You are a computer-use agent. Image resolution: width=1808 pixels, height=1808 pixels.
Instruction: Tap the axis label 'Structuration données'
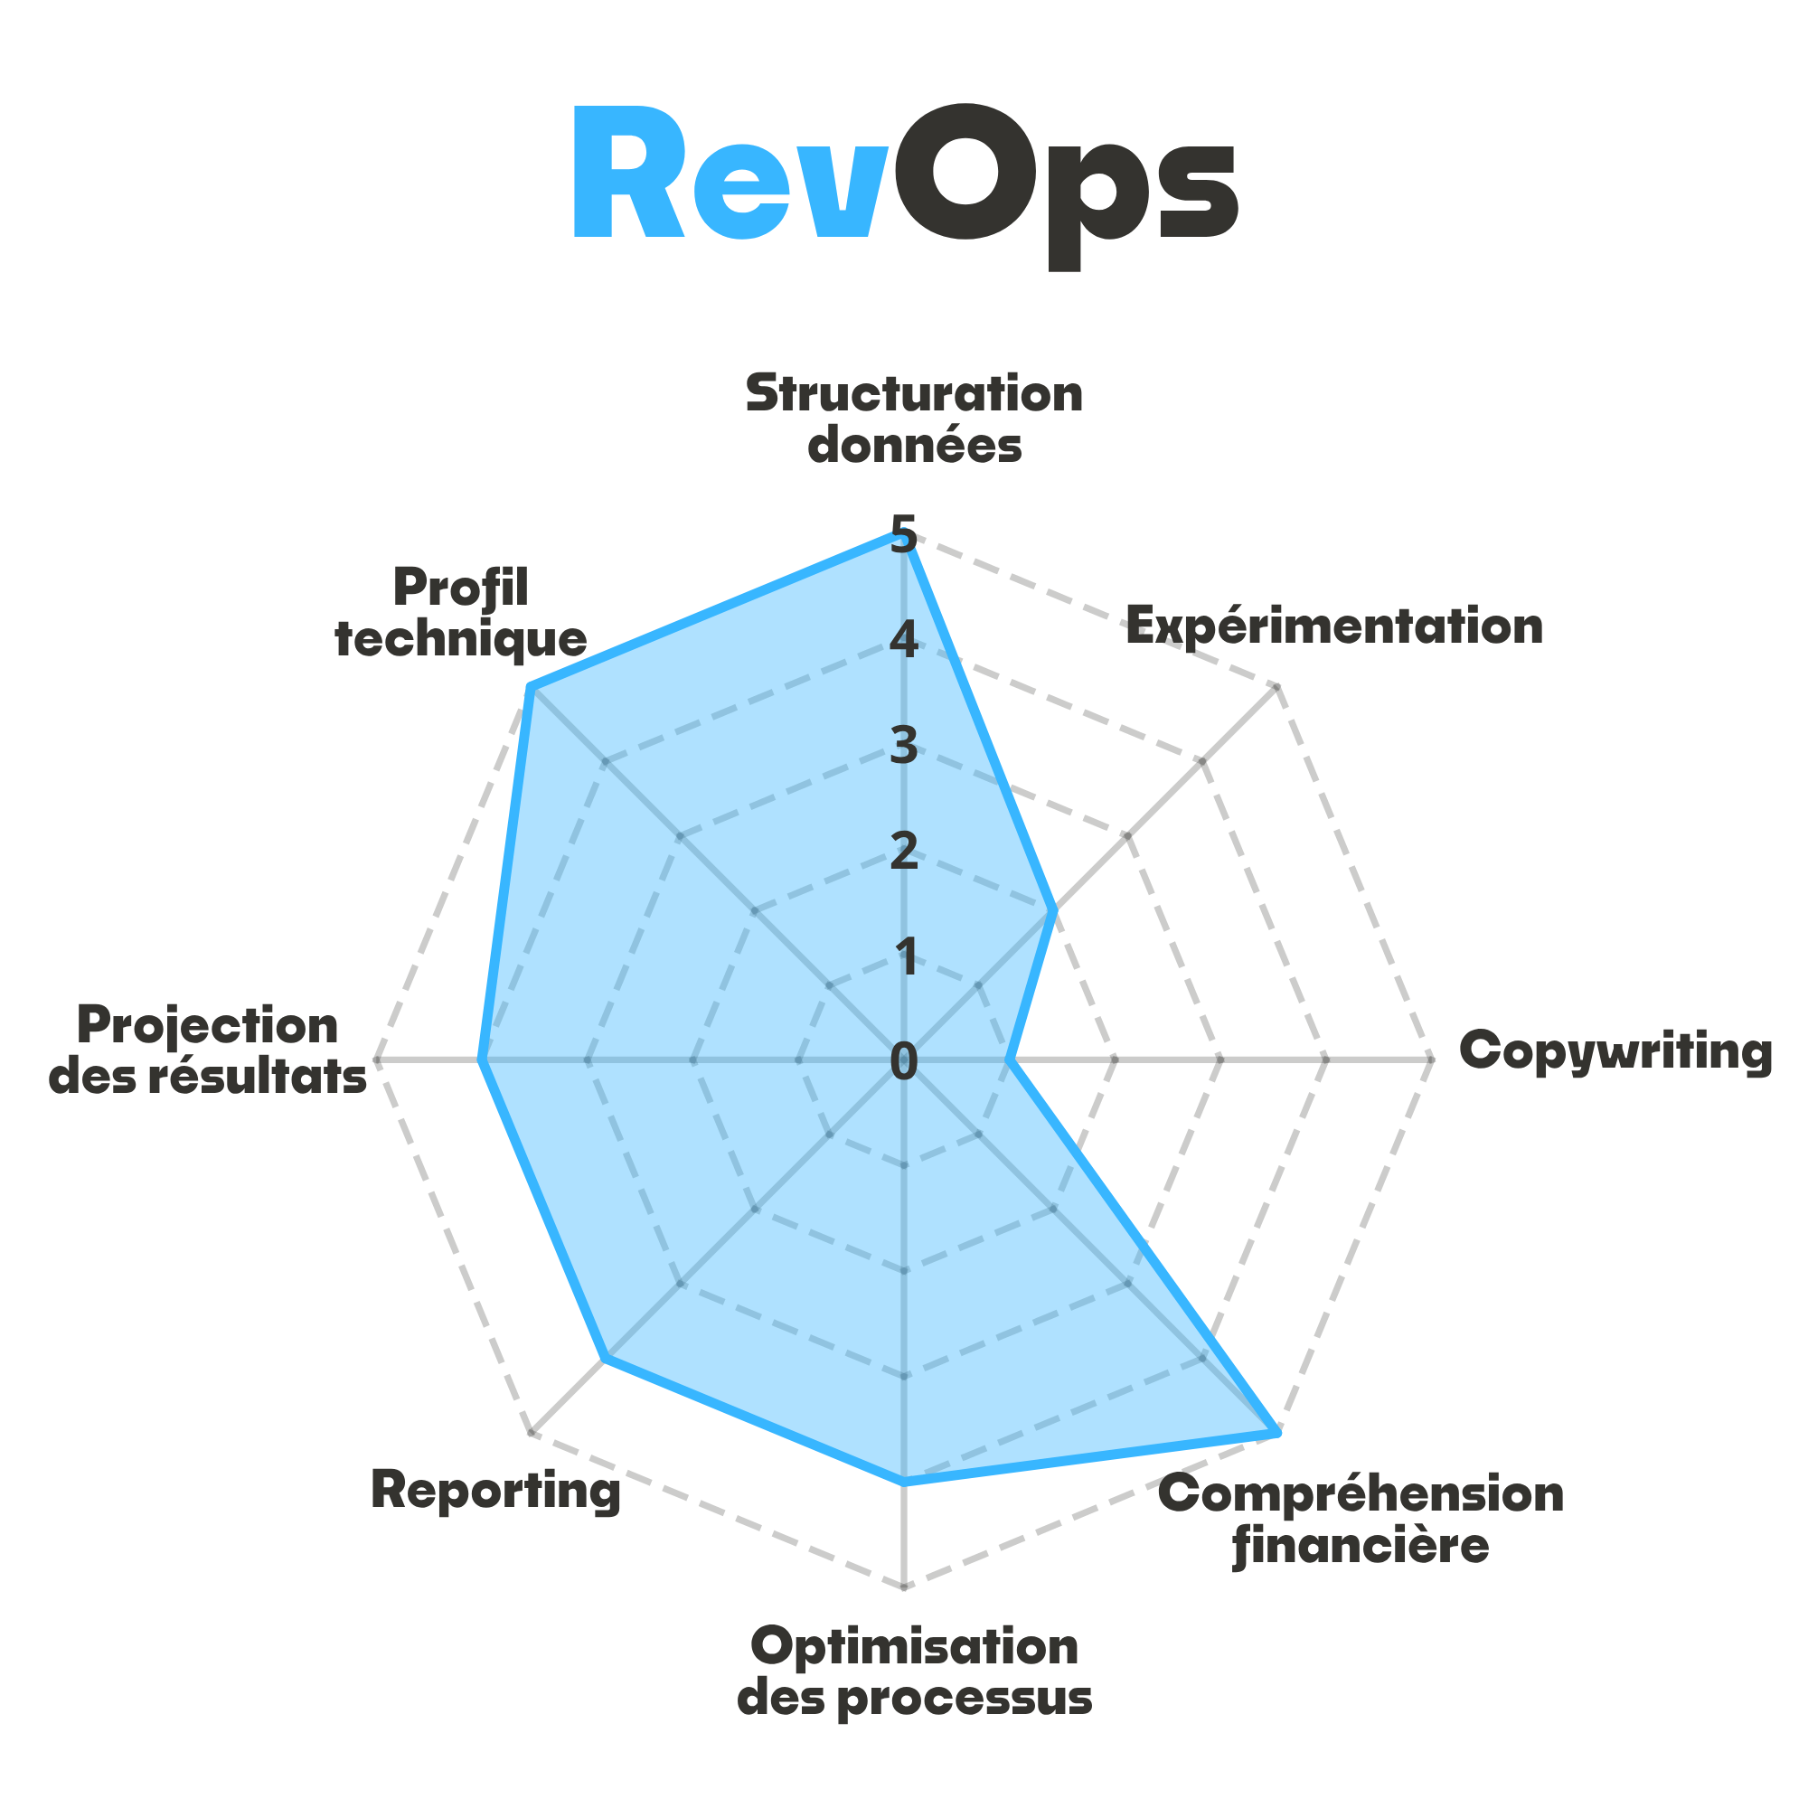[x=914, y=419]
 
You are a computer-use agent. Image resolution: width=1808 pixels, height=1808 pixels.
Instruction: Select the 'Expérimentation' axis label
[x=1333, y=626]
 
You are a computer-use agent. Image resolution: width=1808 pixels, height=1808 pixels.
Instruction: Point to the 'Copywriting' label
[x=1615, y=1051]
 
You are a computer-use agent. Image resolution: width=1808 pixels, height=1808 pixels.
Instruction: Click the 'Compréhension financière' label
[x=1361, y=1520]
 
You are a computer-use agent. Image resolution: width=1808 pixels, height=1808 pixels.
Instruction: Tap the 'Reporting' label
[x=496, y=1490]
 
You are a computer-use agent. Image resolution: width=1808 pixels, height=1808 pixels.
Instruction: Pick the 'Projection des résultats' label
[x=208, y=1050]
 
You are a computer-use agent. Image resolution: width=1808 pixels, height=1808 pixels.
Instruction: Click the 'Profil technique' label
[x=460, y=613]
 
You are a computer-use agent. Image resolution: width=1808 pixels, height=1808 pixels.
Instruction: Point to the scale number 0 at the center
[x=904, y=1061]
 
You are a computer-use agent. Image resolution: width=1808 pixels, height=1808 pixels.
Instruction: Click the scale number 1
[x=905, y=956]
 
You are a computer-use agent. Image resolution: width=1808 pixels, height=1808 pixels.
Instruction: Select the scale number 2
[x=904, y=852]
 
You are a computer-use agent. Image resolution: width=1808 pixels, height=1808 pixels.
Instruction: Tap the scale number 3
[x=904, y=746]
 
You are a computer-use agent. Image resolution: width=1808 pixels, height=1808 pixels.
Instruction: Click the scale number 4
[x=904, y=641]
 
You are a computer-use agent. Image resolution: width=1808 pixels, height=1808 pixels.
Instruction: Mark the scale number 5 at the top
[x=904, y=535]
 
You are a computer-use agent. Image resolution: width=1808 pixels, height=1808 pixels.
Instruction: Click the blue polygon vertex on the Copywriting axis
[x=1014, y=1060]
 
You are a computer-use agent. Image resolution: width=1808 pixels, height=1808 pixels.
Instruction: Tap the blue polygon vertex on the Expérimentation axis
[x=1057, y=908]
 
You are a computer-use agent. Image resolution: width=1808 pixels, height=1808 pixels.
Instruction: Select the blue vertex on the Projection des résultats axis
[x=479, y=1060]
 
